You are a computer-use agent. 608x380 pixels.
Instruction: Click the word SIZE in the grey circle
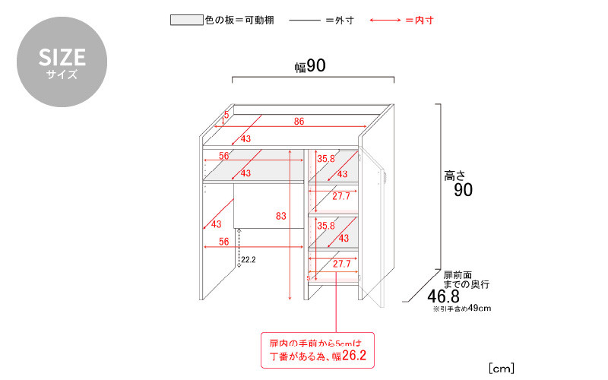[62, 58]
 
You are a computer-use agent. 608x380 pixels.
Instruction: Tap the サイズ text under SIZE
[62, 74]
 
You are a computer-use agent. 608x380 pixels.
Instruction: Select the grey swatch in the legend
[186, 20]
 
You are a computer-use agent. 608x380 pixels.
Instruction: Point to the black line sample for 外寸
[305, 21]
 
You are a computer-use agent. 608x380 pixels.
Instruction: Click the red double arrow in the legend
[385, 21]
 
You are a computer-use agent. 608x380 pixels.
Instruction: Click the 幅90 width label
[310, 66]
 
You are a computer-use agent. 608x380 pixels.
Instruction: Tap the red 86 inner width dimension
[299, 122]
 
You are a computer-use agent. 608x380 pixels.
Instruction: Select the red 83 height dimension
[280, 216]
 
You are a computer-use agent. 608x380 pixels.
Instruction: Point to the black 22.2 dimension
[249, 260]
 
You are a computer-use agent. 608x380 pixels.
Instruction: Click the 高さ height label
[454, 176]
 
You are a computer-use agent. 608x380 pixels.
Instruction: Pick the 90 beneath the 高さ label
[464, 190]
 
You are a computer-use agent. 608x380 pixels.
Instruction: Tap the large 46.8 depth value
[443, 296]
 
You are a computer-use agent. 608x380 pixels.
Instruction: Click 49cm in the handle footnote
[480, 308]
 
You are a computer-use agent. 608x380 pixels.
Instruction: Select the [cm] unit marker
[502, 368]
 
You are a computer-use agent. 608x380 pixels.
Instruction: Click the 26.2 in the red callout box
[354, 355]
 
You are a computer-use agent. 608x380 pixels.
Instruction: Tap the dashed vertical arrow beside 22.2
[239, 248]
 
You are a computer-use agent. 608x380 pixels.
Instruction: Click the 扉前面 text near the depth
[458, 275]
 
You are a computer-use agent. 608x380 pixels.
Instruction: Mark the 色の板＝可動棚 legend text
[239, 21]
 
